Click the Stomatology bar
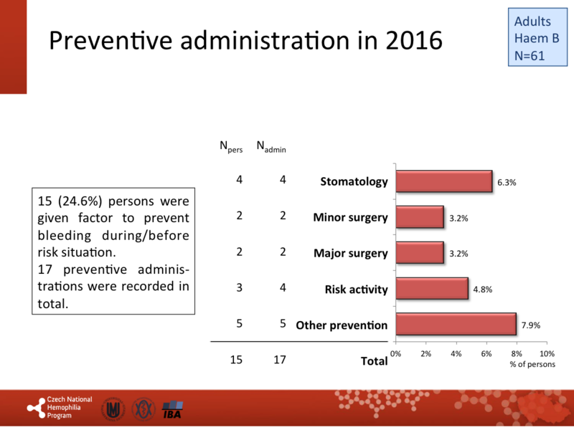pyautogui.click(x=443, y=181)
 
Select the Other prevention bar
pyautogui.click(x=456, y=324)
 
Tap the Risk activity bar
pyautogui.click(x=432, y=288)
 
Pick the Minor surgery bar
pyautogui.click(x=420, y=217)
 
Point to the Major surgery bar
pyautogui.click(x=420, y=252)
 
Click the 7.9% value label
pyautogui.click(x=530, y=325)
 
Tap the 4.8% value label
pyautogui.click(x=483, y=289)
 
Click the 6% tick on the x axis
pyautogui.click(x=486, y=354)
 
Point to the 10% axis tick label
pyautogui.click(x=547, y=354)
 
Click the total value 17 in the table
pyautogui.click(x=279, y=360)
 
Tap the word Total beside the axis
pyautogui.click(x=373, y=361)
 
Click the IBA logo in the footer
pyautogui.click(x=173, y=409)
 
